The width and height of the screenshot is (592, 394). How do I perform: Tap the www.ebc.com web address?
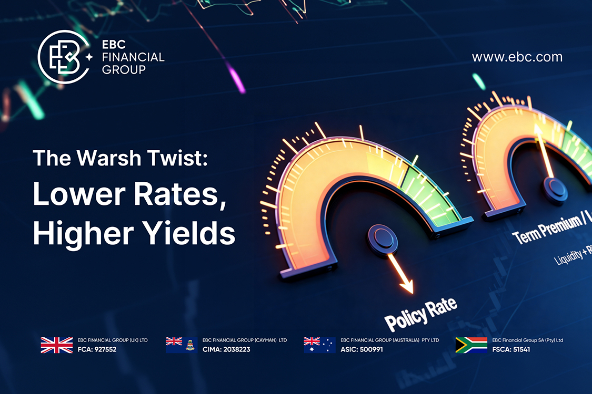coord(517,57)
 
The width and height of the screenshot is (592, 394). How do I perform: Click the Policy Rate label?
coord(420,313)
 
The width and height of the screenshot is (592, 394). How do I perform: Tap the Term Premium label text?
coord(547,229)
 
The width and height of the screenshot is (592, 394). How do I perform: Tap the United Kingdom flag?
coord(56,345)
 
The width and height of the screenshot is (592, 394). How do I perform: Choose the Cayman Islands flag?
coord(181,345)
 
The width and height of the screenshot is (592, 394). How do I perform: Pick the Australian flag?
coord(319,345)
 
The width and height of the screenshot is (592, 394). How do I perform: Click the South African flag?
coord(471,345)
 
